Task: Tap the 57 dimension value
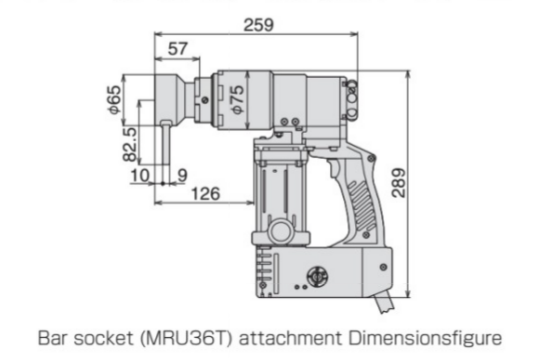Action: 176,47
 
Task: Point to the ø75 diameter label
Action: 237,100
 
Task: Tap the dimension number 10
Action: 140,175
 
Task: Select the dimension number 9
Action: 181,175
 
